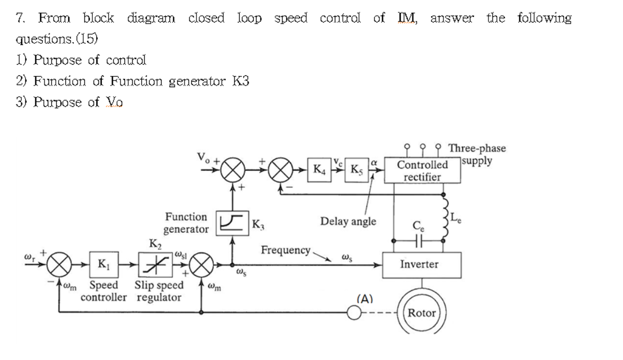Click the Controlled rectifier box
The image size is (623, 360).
(422, 171)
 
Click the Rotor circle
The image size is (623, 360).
(422, 313)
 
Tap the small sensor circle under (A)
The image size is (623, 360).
(353, 313)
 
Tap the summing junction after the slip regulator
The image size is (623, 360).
(202, 263)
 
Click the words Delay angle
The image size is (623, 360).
(348, 221)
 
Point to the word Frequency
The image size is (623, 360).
(285, 249)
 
